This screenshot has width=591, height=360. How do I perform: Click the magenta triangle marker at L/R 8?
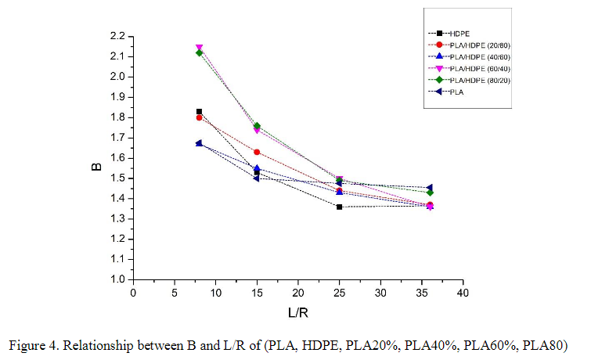(x=199, y=48)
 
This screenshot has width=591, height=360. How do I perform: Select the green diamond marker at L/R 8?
(x=199, y=53)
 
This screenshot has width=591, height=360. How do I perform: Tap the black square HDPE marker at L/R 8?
(x=199, y=112)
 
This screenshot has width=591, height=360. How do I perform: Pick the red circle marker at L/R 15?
(x=257, y=152)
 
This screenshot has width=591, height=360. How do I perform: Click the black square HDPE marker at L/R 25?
(x=339, y=207)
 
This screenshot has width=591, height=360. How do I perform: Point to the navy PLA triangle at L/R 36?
(x=430, y=188)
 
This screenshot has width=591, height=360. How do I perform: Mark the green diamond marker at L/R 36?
(x=430, y=193)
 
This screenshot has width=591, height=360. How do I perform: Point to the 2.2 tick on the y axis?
(x=117, y=37)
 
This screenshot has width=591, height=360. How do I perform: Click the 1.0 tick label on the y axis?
(x=117, y=279)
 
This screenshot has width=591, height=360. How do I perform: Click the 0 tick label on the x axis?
(x=133, y=293)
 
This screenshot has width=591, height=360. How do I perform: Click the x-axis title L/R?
(x=297, y=311)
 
